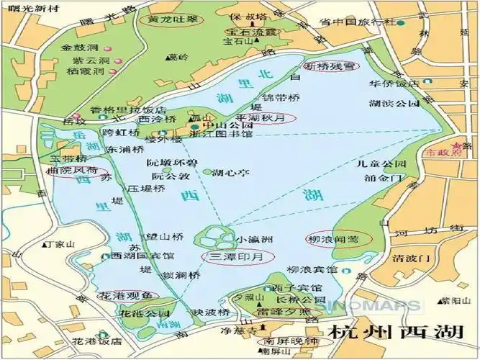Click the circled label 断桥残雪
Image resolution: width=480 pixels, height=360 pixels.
[330, 66]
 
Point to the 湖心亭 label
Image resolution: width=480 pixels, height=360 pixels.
[235, 172]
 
